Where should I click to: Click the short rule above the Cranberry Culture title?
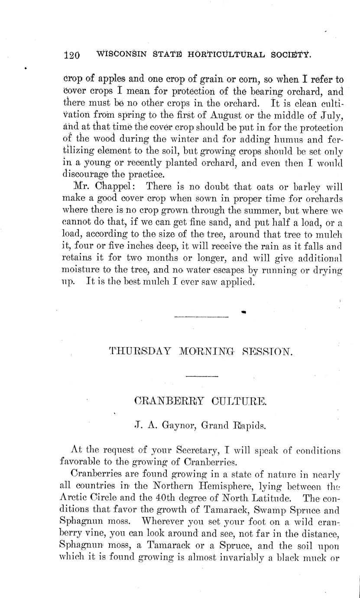point(198,376)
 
